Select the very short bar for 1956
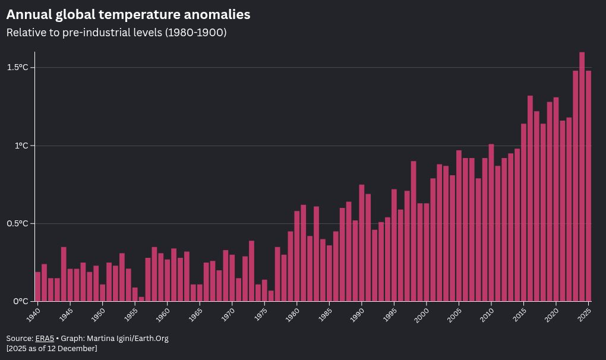click(x=141, y=299)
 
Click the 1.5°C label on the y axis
click(x=18, y=68)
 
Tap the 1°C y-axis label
click(x=21, y=146)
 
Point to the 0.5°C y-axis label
click(x=18, y=223)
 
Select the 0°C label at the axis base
click(x=21, y=301)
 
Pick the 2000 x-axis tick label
click(x=422, y=314)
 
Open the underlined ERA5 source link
click(x=45, y=339)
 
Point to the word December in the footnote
click(x=76, y=349)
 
